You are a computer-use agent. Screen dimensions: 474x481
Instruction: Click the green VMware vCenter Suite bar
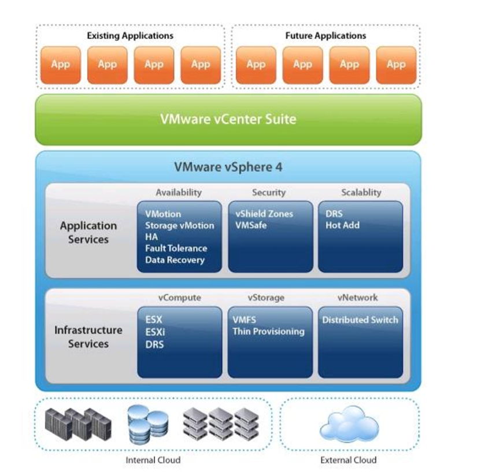[x=228, y=119]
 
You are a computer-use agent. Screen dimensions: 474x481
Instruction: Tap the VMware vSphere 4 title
[x=228, y=167]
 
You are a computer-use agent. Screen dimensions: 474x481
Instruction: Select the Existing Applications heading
[x=130, y=36]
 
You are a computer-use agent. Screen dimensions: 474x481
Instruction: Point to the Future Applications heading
[x=325, y=36]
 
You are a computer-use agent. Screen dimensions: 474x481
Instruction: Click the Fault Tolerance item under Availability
[x=176, y=248]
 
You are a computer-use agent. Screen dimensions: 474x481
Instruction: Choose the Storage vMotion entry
[x=179, y=225]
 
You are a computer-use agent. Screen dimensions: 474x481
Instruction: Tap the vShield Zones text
[x=264, y=214]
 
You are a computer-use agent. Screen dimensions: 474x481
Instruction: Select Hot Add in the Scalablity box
[x=342, y=225]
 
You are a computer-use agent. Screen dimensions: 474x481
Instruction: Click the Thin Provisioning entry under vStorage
[x=268, y=331]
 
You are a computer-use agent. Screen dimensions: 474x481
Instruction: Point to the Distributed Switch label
[x=360, y=319]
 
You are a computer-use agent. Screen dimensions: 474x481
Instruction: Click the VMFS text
[x=245, y=319]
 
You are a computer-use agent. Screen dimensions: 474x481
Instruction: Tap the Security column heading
[x=269, y=192]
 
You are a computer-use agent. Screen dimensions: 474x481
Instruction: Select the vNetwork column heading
[x=358, y=297]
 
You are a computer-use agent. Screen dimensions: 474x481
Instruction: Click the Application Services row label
[x=88, y=232]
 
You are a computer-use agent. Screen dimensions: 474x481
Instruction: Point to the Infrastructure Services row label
[x=88, y=337]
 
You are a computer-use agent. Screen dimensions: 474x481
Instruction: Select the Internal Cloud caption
[x=153, y=460]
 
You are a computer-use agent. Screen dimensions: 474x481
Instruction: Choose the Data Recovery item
[x=175, y=260]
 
